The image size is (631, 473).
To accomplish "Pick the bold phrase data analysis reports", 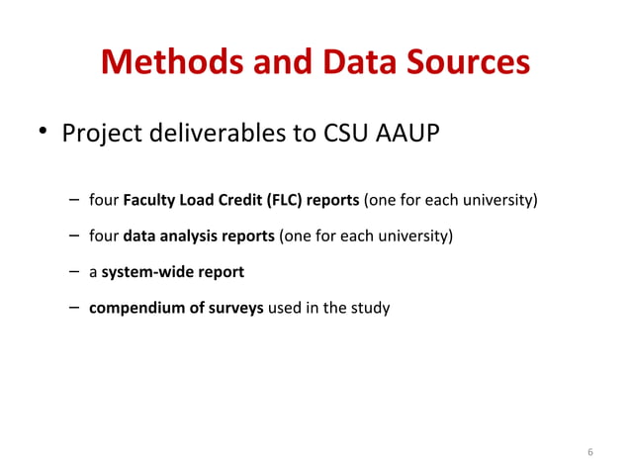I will (198, 236).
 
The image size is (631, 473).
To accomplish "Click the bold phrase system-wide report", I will (172, 272).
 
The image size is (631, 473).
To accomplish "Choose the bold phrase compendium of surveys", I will (176, 308).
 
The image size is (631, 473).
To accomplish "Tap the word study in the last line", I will (371, 308).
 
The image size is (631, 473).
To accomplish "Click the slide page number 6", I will (590, 452).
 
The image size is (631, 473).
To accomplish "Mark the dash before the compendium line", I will (74, 307).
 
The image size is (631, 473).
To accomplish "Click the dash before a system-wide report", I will (74, 271).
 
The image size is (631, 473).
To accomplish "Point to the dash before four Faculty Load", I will (74, 201).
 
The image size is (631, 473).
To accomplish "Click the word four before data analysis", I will (103, 236).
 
